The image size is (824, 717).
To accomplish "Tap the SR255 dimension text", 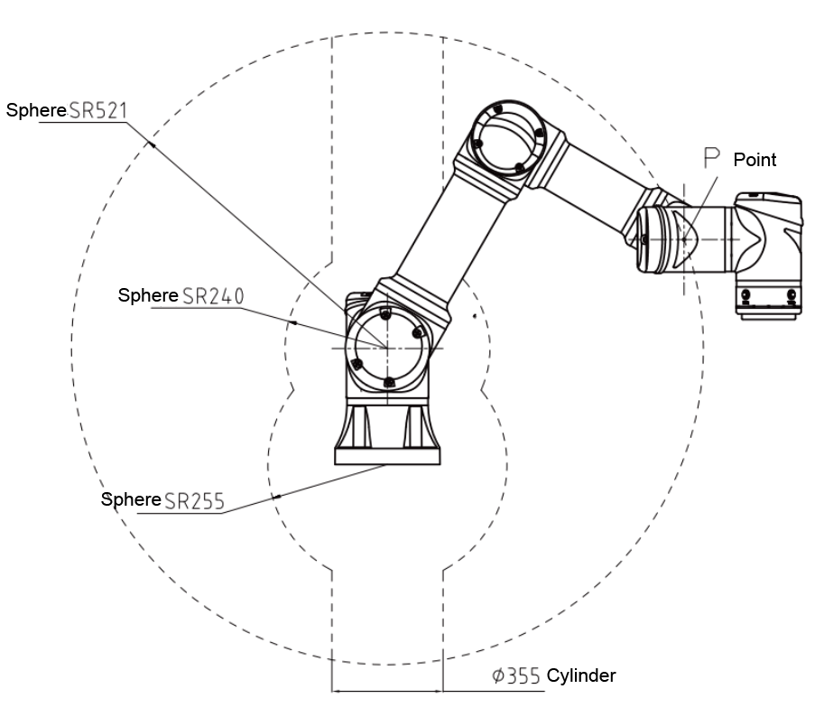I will pos(192,499).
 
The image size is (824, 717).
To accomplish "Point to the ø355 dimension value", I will pos(516,675).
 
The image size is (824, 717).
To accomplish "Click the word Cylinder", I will pos(581,675).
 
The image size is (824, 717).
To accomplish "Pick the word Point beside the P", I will pos(755,160).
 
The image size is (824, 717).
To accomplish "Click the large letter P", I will pos(713,159).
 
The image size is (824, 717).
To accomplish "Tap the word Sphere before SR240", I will pos(149,295).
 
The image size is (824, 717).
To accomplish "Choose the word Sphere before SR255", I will pos(131,499).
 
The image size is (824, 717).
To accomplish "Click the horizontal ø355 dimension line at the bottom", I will pos(387,692).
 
